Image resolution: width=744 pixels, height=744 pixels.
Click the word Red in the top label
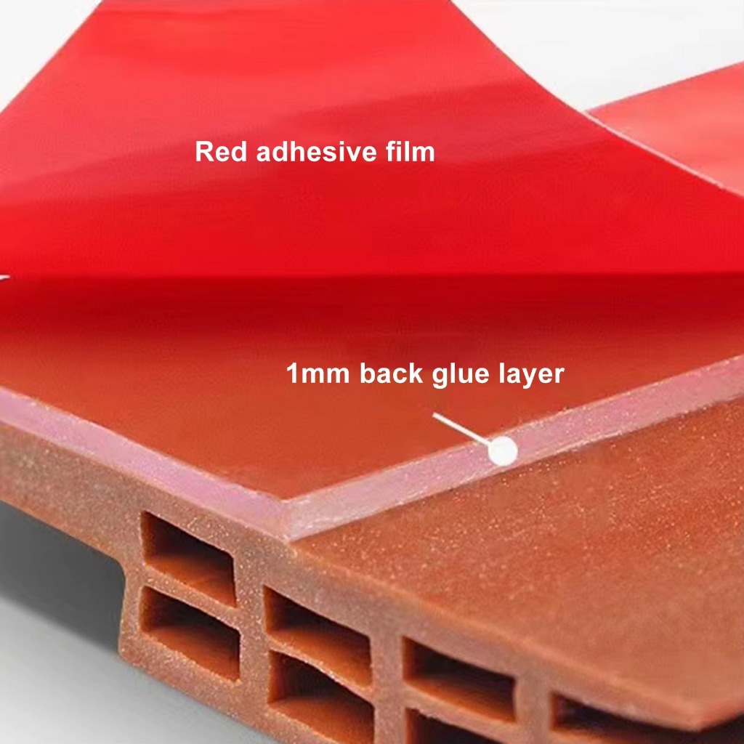pyautogui.click(x=221, y=152)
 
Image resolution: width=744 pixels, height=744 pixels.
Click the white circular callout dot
pyautogui.click(x=502, y=451)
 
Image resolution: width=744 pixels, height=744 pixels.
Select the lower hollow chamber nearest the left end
pyautogui.click(x=190, y=626)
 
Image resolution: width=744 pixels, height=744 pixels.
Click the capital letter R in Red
pyautogui.click(x=203, y=152)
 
